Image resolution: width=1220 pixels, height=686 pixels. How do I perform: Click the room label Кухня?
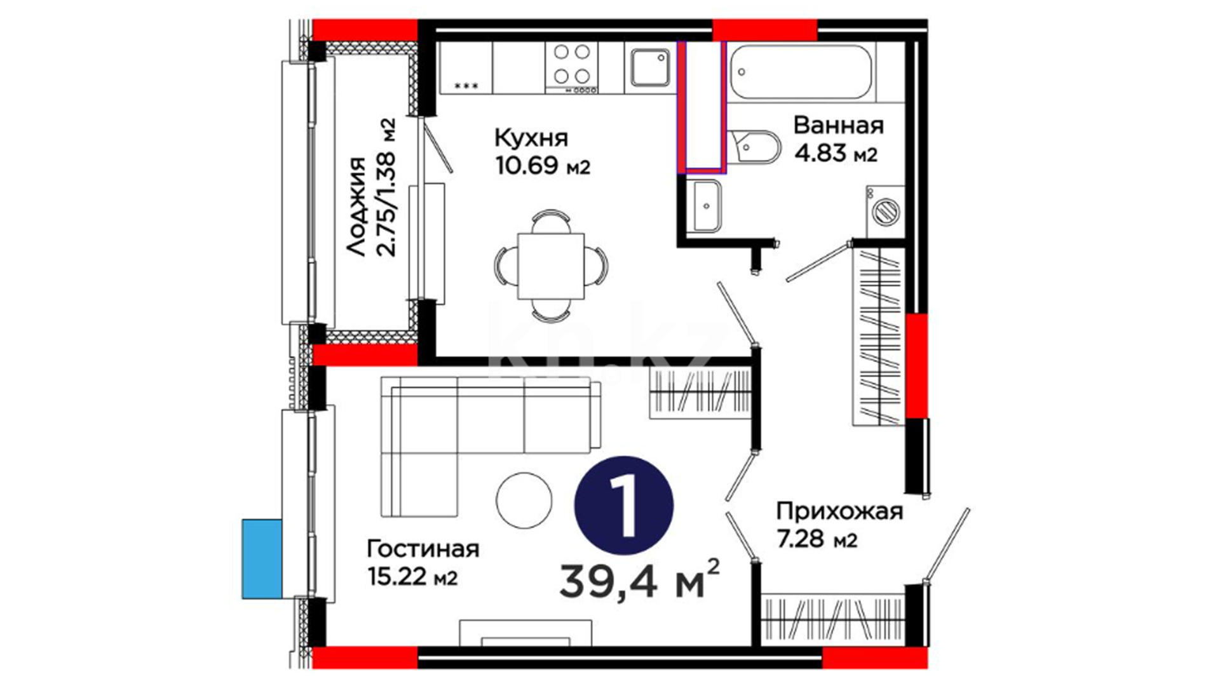coord(531,138)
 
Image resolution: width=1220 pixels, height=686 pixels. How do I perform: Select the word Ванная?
coord(839,125)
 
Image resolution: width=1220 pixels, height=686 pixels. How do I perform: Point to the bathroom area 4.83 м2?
coord(836,154)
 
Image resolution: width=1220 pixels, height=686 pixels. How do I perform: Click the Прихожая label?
coord(839,511)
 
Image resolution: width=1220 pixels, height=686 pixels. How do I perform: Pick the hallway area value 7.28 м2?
coord(817,539)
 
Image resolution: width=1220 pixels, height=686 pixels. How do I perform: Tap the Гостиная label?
coord(423,548)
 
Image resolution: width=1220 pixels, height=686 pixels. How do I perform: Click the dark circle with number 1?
coord(623,505)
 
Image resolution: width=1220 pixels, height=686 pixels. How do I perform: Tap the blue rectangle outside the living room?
coord(262,559)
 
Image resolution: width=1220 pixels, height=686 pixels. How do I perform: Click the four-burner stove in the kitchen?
coord(571,68)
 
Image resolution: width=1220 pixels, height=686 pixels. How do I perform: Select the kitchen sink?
coord(650,68)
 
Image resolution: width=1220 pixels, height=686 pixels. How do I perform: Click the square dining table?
coord(551,266)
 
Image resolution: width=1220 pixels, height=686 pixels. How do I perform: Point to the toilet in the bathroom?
coord(753,150)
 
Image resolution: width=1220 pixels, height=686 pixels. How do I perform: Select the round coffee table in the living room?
coord(524,501)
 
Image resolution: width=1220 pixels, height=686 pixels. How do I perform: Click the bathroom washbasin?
coord(704,205)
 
